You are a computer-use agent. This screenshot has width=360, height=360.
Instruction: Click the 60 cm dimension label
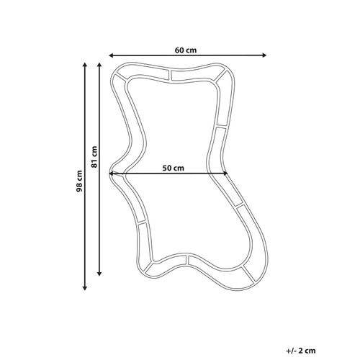pyautogui.click(x=186, y=50)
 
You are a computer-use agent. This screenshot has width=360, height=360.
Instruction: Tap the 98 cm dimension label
pyautogui.click(x=79, y=181)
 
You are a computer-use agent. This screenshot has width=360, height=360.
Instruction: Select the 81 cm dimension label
pyautogui.click(x=94, y=157)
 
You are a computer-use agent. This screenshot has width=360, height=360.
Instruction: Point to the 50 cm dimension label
pyautogui.click(x=174, y=168)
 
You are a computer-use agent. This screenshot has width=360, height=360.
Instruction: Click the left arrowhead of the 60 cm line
pyautogui.click(x=111, y=55)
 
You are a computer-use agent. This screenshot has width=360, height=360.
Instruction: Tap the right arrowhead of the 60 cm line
pyautogui.click(x=264, y=55)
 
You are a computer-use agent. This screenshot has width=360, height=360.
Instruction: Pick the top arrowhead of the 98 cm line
pyautogui.click(x=84, y=65)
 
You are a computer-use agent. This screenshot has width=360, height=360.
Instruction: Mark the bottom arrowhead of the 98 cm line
pyautogui.click(x=84, y=288)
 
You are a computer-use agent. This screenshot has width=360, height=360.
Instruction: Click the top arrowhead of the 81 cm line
pyautogui.click(x=99, y=65)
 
